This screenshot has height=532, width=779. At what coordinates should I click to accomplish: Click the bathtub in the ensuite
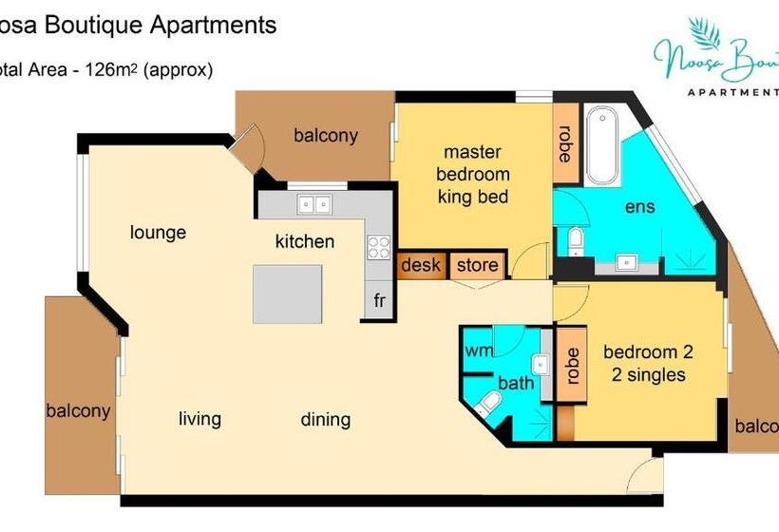[x=602, y=146]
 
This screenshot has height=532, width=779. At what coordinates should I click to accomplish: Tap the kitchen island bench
[x=287, y=294]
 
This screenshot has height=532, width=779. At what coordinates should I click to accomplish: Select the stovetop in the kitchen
[x=379, y=247]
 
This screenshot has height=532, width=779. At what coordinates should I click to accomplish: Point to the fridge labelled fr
[x=379, y=301]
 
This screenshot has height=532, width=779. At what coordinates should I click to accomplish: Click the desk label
[x=420, y=265]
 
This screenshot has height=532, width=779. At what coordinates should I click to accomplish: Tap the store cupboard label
[x=477, y=265]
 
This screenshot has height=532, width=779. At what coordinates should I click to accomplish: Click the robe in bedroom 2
[x=572, y=365]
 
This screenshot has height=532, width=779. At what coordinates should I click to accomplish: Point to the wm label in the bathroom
[x=478, y=351]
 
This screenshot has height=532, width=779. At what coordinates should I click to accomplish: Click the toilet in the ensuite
[x=574, y=241]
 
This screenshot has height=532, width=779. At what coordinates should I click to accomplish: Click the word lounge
[x=158, y=233]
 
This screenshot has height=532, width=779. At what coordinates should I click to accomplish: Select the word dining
[x=325, y=419]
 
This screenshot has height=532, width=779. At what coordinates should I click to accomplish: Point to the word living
[x=199, y=419]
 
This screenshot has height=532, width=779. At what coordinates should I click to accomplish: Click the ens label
[x=639, y=207]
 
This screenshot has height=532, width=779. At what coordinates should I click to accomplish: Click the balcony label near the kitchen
[x=325, y=135]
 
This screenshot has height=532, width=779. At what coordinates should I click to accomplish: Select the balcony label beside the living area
[x=78, y=411]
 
